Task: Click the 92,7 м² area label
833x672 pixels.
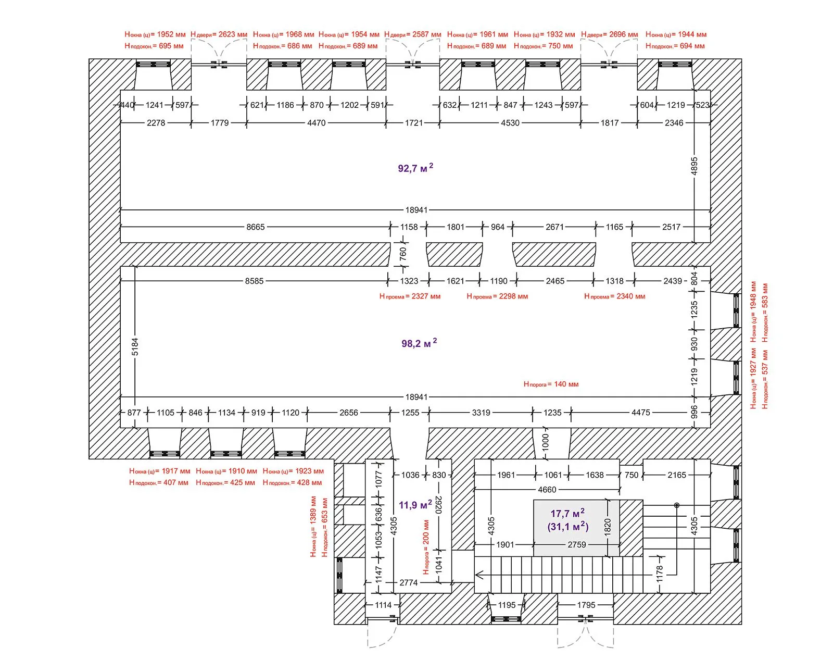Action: click(415, 168)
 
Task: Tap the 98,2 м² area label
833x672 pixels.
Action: click(419, 343)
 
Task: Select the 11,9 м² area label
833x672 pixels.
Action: click(415, 505)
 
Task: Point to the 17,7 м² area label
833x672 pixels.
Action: click(567, 513)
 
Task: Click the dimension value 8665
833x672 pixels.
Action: click(256, 227)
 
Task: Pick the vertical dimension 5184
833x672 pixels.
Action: click(135, 346)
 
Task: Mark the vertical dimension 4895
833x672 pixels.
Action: click(694, 166)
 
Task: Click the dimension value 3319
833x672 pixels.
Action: click(481, 413)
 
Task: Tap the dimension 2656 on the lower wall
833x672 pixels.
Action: click(348, 413)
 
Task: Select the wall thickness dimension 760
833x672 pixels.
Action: click(403, 254)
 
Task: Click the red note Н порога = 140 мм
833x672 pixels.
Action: click(551, 384)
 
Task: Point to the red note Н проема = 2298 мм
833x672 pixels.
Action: click(497, 296)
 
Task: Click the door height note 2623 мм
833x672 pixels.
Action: click(219, 34)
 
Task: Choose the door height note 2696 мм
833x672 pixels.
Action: click(609, 34)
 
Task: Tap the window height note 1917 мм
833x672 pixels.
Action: click(159, 471)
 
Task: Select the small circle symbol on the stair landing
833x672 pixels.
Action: click(677, 505)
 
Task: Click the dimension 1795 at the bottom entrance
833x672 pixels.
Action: click(586, 605)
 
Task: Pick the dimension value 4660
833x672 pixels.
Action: click(547, 490)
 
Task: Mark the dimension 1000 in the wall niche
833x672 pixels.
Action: click(545, 442)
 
